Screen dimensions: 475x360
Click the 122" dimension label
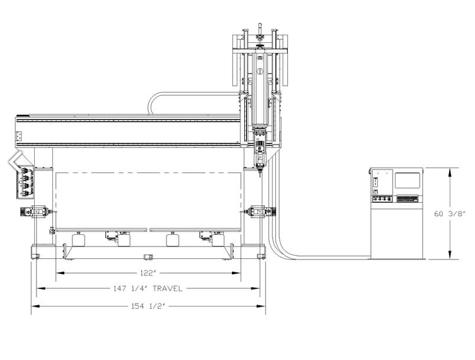[148, 273]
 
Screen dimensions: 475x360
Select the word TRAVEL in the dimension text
[168, 289]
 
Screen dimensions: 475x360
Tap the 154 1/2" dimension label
[148, 306]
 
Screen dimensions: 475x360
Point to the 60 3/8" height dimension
[449, 214]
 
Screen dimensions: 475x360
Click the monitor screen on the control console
[407, 181]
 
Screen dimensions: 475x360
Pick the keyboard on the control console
[407, 199]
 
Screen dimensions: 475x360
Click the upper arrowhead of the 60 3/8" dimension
[450, 172]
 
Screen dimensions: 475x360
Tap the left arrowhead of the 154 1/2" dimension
[35, 306]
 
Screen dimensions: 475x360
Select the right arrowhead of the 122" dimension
[236, 273]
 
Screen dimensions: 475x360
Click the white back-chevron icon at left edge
[15, 161]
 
